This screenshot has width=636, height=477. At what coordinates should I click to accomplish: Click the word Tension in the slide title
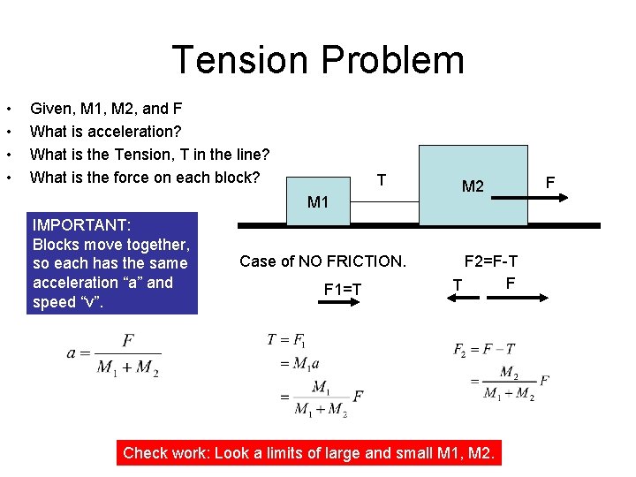[x=239, y=60]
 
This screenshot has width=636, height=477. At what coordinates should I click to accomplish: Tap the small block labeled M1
[x=318, y=203]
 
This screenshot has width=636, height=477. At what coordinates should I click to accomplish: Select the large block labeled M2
[x=473, y=185]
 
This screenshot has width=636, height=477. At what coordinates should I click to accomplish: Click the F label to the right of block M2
[x=550, y=184]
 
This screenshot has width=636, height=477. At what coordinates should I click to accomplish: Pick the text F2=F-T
[x=491, y=261]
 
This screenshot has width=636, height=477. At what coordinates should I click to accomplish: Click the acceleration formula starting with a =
[x=114, y=353]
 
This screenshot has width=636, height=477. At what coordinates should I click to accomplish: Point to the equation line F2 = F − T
[x=484, y=350]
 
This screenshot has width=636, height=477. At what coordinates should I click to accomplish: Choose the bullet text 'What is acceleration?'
[x=106, y=132]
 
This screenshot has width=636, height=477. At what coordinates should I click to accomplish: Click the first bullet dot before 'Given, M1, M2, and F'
[x=9, y=110]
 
